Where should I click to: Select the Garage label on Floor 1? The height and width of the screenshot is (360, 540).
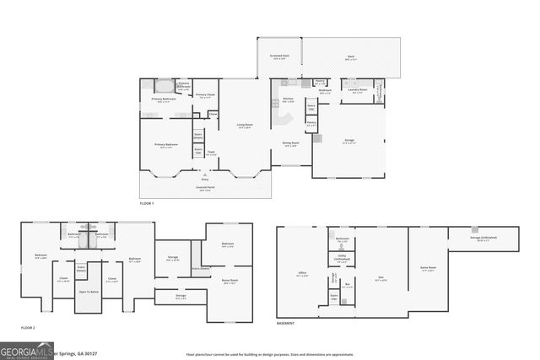click(x=348, y=141)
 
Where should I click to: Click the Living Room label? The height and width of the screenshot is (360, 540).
click(x=245, y=125)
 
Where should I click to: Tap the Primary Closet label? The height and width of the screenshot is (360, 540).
click(x=205, y=95)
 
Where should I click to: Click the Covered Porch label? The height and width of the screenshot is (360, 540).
click(x=204, y=190)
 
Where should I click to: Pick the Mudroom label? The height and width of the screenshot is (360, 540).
click(x=325, y=90)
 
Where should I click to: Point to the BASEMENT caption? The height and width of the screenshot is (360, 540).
click(x=285, y=324)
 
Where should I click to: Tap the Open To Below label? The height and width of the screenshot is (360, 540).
click(x=89, y=292)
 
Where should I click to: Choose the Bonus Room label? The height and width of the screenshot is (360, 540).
click(x=229, y=282)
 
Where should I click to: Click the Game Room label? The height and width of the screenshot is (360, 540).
click(x=427, y=270)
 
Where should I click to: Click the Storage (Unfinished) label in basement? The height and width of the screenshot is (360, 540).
click(x=483, y=239)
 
